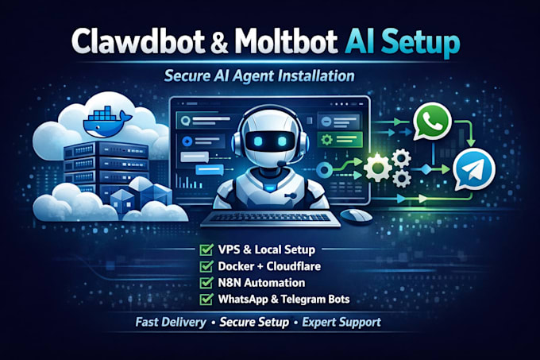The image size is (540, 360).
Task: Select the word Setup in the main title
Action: tap(420, 44)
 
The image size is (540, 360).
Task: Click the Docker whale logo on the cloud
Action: tap(107, 122)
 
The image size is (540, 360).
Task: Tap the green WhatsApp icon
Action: tap(432, 122)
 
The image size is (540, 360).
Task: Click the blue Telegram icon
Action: tap(474, 169)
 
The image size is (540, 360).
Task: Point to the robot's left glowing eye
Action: tap(257, 141)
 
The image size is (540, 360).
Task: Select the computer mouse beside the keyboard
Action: tap(356, 215)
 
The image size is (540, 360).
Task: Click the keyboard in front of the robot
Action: tap(270, 219)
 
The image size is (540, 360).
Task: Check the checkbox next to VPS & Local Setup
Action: tap(206, 250)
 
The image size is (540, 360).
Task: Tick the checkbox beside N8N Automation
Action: tap(206, 282)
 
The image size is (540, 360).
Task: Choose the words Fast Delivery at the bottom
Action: tap(171, 322)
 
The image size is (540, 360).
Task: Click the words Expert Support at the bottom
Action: tap(341, 322)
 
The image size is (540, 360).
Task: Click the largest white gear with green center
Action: tap(378, 168)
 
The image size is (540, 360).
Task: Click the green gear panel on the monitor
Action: tap(340, 140)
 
